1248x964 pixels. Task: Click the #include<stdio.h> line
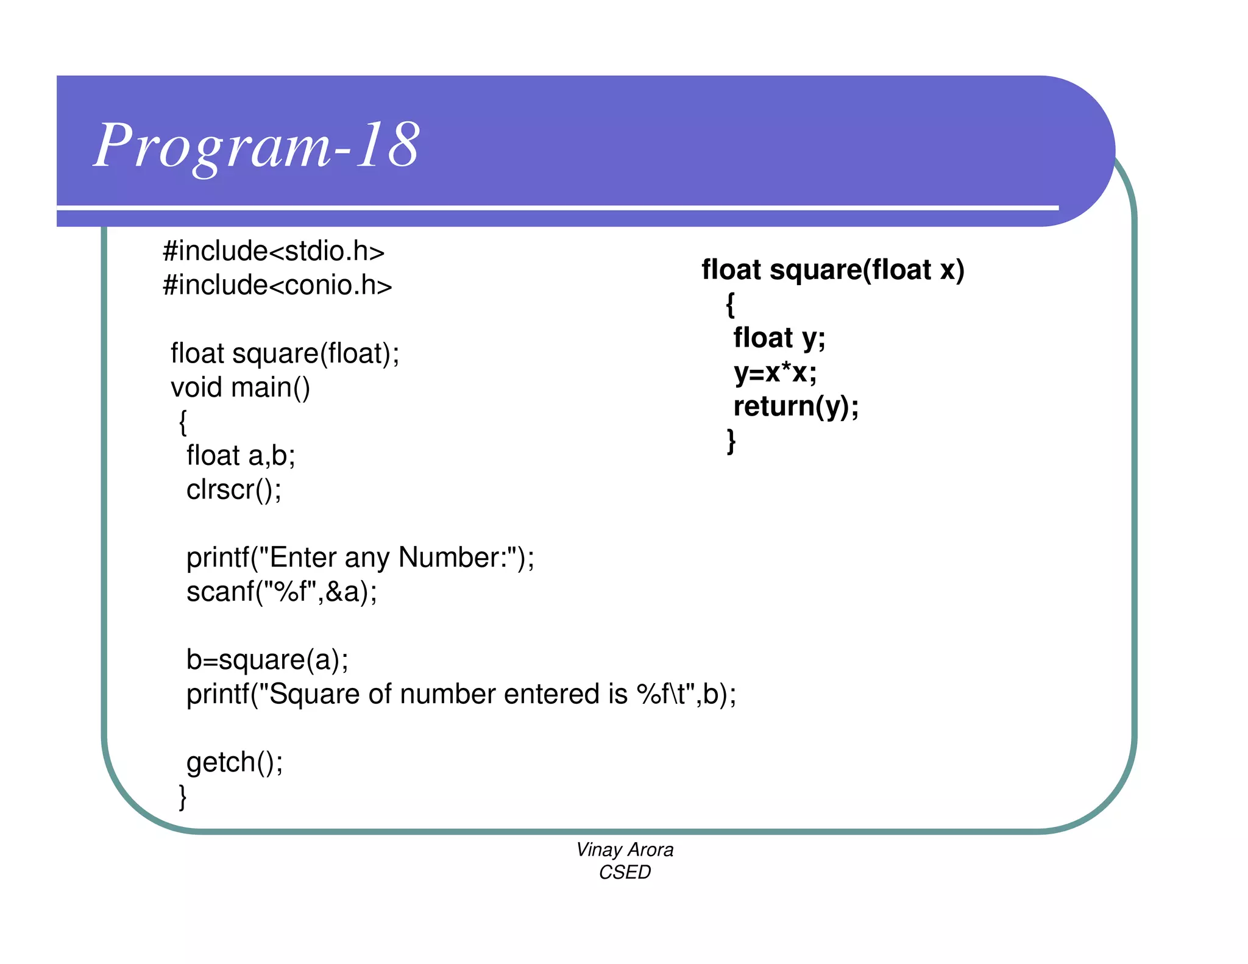[274, 251]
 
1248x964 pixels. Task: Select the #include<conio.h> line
[277, 285]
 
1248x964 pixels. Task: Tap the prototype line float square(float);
[285, 353]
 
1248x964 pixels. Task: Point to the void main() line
[240, 388]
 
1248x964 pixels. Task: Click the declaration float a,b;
[241, 456]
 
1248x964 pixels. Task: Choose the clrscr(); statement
[234, 490]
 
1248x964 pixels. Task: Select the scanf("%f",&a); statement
[282, 592]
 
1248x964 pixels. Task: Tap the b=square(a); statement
[268, 660]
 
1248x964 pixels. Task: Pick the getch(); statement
[235, 762]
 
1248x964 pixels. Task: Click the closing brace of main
[182, 796]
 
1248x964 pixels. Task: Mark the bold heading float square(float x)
[832, 270]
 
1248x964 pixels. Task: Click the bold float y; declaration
[779, 338]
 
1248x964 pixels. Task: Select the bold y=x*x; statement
[775, 372]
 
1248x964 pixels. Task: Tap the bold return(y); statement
[796, 406]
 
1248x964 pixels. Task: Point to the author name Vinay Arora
[625, 849]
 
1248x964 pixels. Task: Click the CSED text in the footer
[625, 873]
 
